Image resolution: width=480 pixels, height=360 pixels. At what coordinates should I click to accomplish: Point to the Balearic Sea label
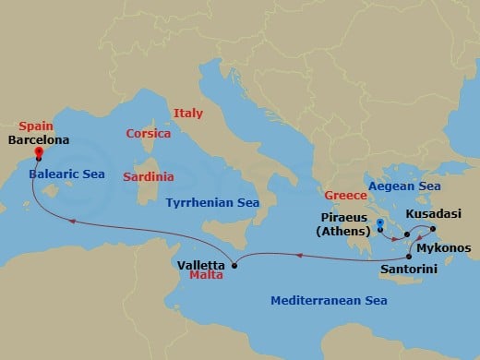(66, 174)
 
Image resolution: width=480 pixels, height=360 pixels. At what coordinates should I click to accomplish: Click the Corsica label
(148, 134)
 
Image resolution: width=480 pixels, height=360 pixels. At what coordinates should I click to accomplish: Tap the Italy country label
(187, 114)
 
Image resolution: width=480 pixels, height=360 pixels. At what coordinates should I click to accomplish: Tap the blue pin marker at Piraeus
(380, 224)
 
